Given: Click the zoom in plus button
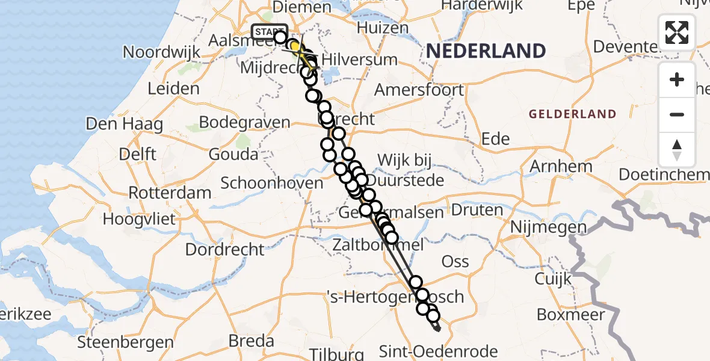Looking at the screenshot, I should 677,79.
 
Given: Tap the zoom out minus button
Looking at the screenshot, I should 677,114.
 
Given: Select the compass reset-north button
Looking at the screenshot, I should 677,149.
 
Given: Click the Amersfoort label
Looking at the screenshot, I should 419,90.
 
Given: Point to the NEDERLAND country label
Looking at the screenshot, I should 486,51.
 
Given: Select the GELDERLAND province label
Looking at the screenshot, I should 572,114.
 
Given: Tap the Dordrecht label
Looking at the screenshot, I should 224,248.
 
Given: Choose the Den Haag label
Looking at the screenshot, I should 124,125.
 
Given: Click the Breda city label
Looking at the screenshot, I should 251,341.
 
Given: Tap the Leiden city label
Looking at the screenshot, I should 173,88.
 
